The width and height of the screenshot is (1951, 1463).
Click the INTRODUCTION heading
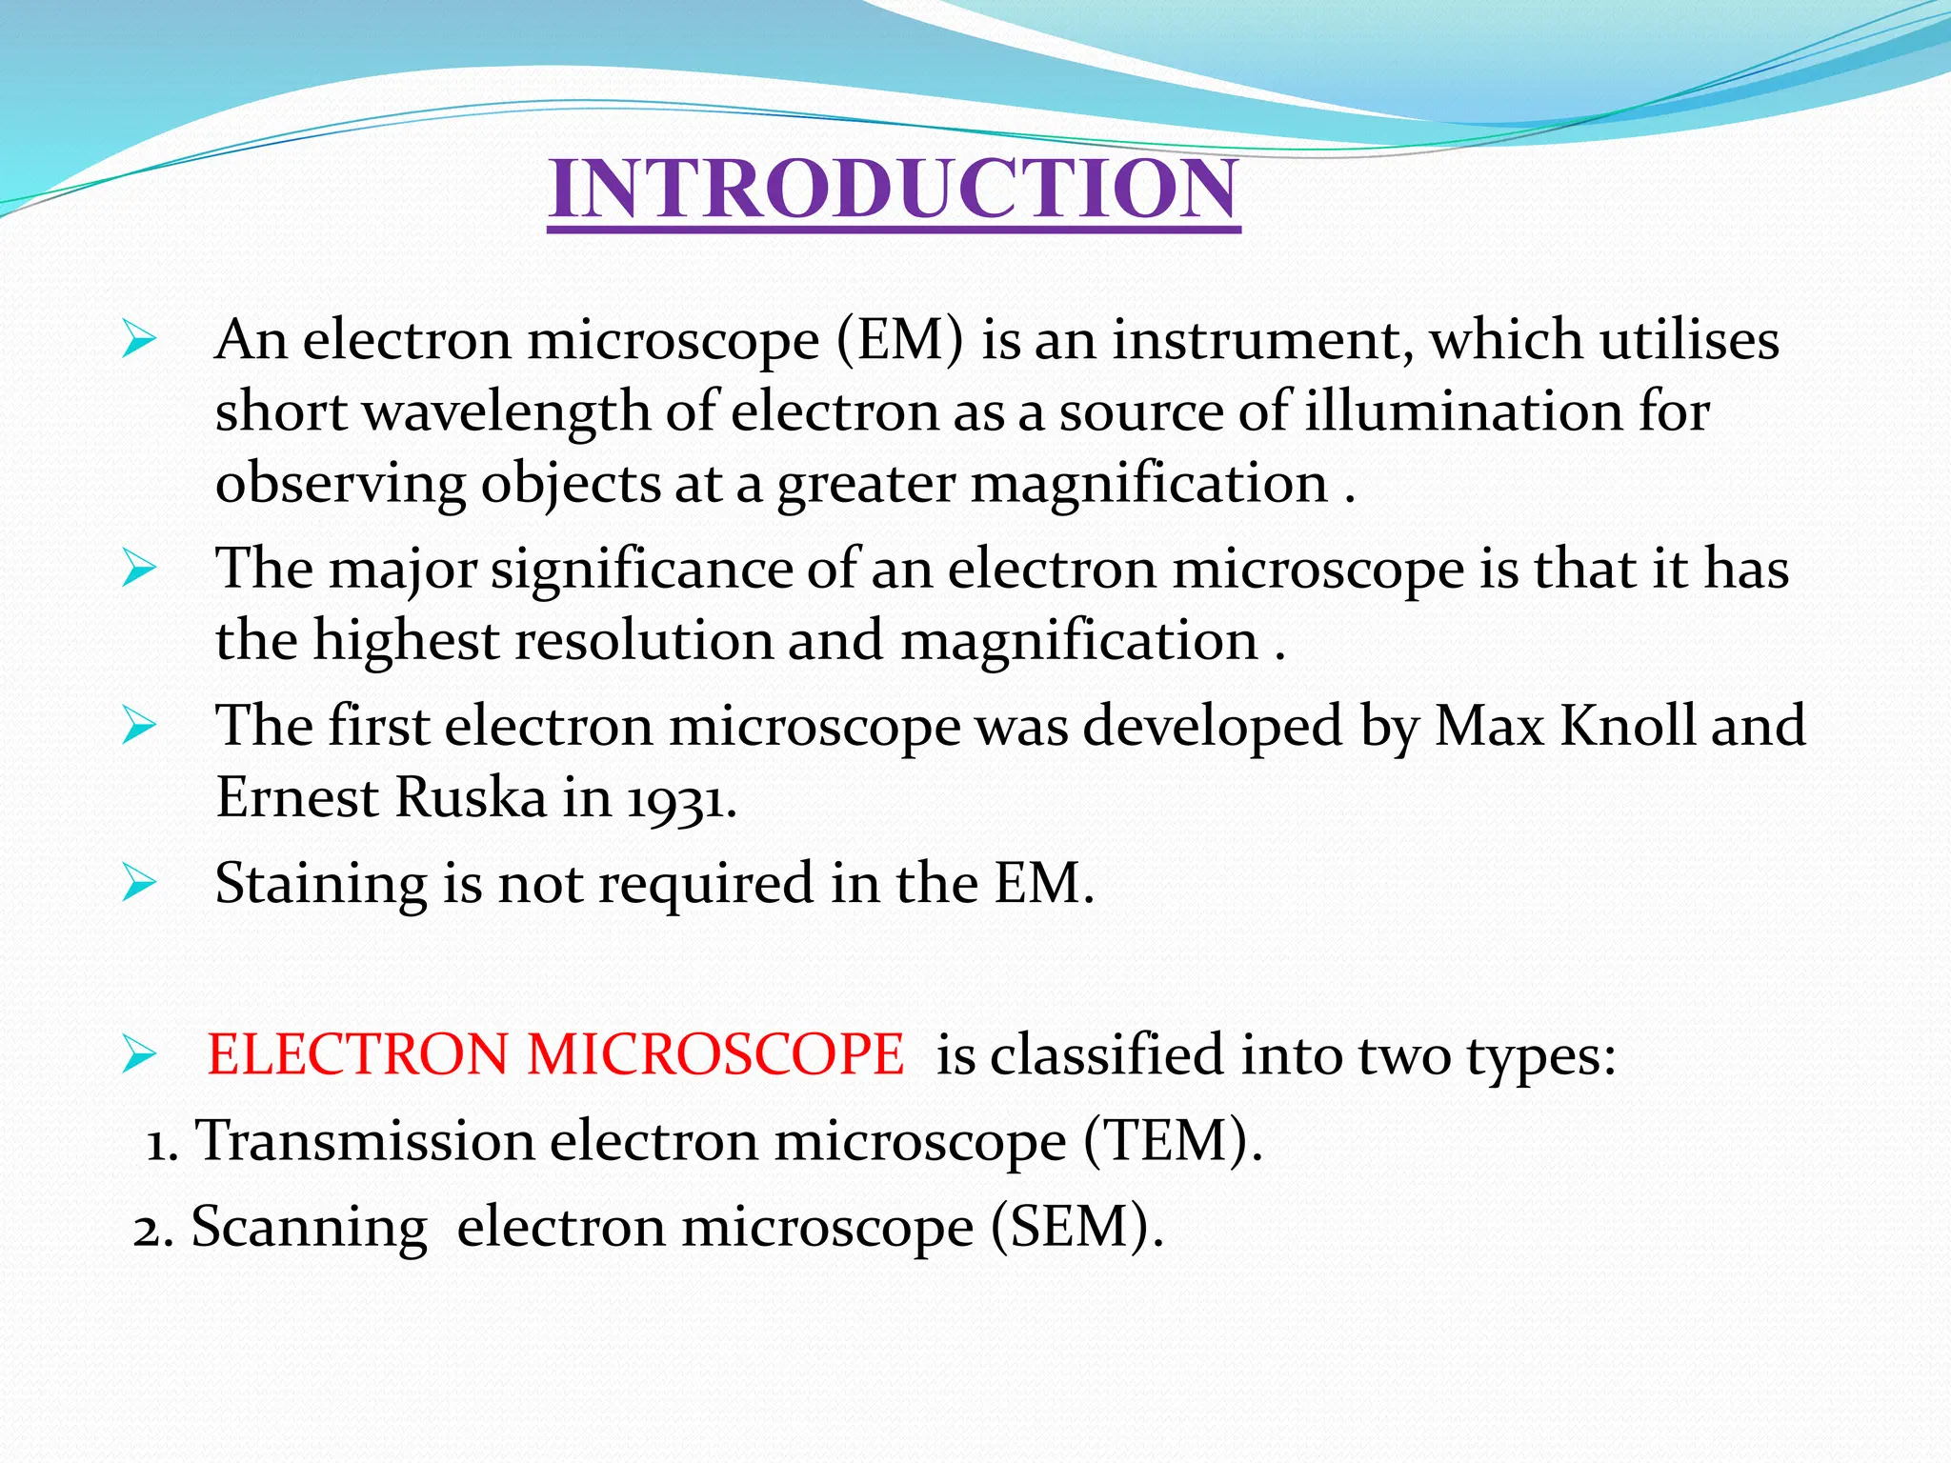click(x=894, y=189)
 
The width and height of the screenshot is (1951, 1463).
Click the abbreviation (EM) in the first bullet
click(x=900, y=340)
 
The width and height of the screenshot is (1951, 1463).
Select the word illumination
click(x=1462, y=411)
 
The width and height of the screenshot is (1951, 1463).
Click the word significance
click(x=641, y=571)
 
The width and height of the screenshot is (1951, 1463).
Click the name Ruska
click(x=471, y=798)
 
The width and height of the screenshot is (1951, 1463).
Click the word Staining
click(x=321, y=884)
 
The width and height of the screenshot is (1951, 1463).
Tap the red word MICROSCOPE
click(x=715, y=1055)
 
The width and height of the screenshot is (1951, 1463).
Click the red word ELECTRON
click(x=358, y=1055)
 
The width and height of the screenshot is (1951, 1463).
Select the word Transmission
click(x=365, y=1141)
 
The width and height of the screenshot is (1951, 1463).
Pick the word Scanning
click(x=310, y=1228)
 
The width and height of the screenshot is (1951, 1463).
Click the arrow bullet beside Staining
click(x=139, y=884)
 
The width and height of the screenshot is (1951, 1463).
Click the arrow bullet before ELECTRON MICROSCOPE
click(x=139, y=1055)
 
